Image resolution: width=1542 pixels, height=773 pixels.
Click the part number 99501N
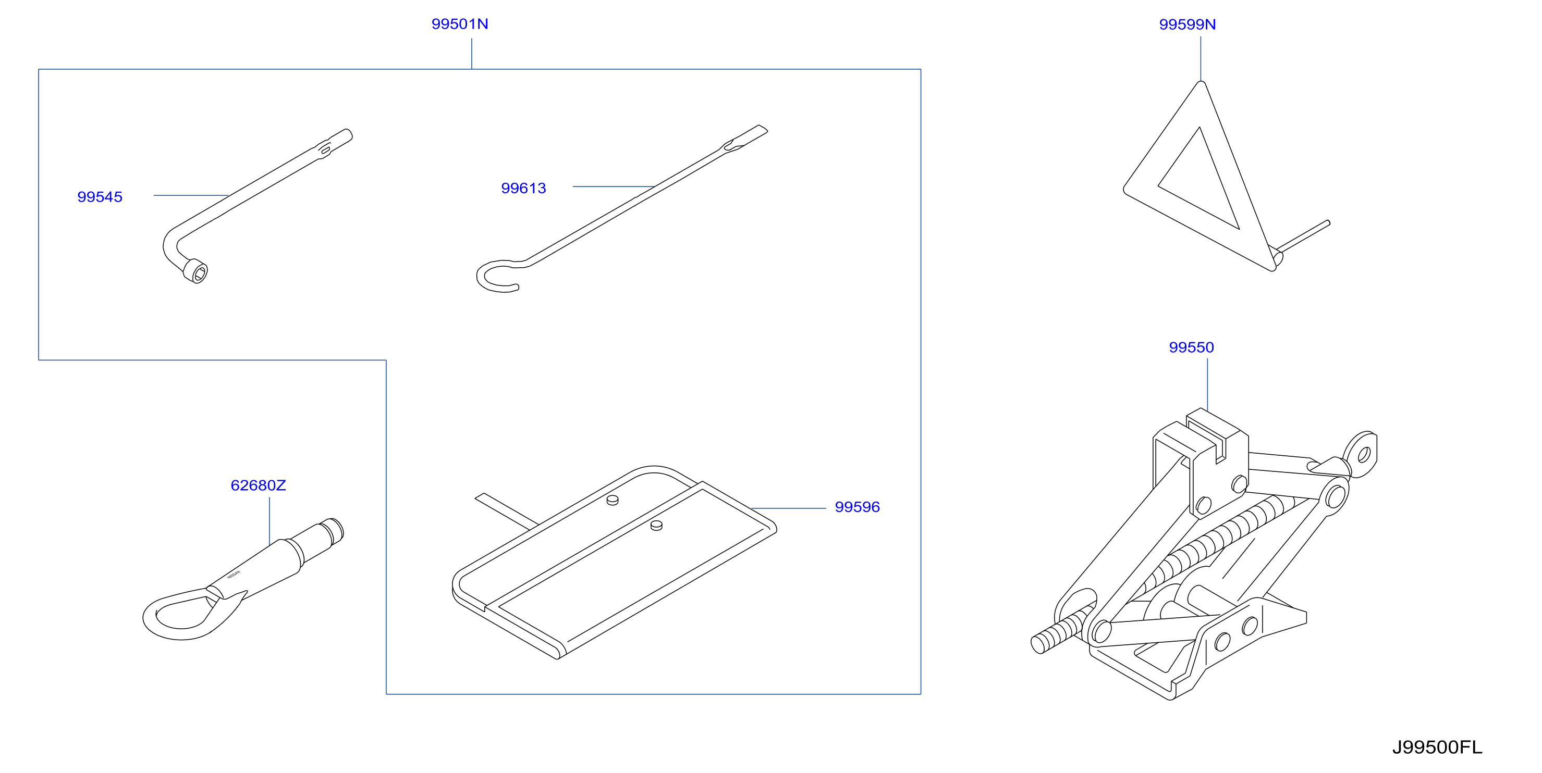point(460,24)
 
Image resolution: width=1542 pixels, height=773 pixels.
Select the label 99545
point(100,197)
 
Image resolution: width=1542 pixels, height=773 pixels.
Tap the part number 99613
point(524,189)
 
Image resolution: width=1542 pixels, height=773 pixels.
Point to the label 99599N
point(1188,24)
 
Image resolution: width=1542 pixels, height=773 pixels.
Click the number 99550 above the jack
point(1192,347)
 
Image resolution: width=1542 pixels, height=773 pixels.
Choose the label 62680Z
point(259,485)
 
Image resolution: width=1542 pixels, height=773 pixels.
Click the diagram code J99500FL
point(1437,747)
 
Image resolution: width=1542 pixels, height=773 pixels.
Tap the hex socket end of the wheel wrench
point(195,271)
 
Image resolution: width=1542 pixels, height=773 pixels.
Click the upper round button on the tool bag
point(613,500)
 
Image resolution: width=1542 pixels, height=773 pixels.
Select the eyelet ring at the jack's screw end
point(1361,454)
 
